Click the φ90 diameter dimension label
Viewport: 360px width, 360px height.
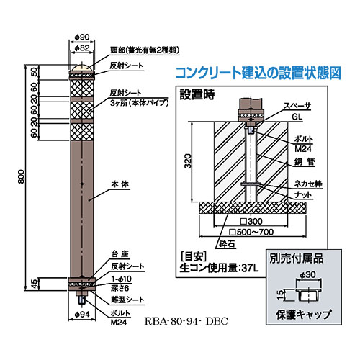(x=82, y=37)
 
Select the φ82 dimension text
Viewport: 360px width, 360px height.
(x=82, y=48)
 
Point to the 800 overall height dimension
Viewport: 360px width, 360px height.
(x=22, y=176)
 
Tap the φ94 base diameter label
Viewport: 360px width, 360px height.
(x=82, y=315)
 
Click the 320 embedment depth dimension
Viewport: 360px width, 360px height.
(x=189, y=161)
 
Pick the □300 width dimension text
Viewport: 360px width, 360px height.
(x=251, y=221)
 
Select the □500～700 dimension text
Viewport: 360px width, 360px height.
(x=251, y=232)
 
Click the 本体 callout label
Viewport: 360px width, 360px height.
(x=120, y=184)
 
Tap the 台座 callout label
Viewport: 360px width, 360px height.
(x=120, y=254)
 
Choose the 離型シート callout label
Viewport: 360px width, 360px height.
(x=127, y=300)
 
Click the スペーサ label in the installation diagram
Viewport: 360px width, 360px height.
(x=297, y=106)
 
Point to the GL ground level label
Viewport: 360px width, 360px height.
(x=297, y=117)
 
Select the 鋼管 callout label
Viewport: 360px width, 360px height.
(x=305, y=161)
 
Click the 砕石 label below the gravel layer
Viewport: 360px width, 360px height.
(x=227, y=244)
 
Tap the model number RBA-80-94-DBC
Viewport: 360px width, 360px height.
(x=186, y=321)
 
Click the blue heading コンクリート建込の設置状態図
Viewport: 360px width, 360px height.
(x=258, y=73)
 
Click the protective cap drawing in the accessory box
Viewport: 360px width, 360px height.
(x=308, y=295)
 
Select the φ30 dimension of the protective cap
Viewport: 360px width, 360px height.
(x=308, y=274)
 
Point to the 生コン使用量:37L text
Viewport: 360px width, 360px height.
(x=219, y=269)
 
